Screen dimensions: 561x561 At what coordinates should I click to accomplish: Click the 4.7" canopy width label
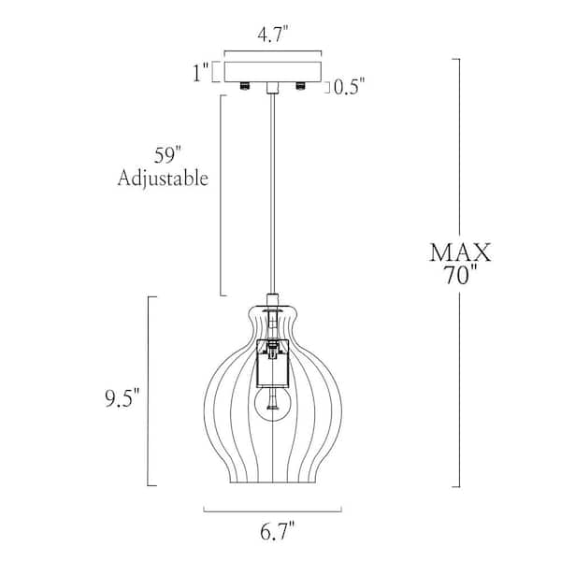pos(273,36)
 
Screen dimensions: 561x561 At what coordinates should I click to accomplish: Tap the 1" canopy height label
pos(201,73)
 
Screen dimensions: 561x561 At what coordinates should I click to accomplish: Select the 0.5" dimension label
pos(349,87)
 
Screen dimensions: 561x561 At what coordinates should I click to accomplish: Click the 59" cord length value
pos(167,155)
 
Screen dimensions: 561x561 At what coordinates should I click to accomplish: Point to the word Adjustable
pos(163,178)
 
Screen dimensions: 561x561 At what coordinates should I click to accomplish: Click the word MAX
pos(460,252)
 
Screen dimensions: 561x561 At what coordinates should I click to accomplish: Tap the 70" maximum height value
pos(460,276)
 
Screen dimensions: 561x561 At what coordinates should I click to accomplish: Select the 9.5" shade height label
pos(122,398)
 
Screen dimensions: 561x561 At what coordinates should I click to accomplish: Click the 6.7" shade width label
pos(277,532)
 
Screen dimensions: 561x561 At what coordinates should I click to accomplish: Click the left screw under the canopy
pos(245,86)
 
